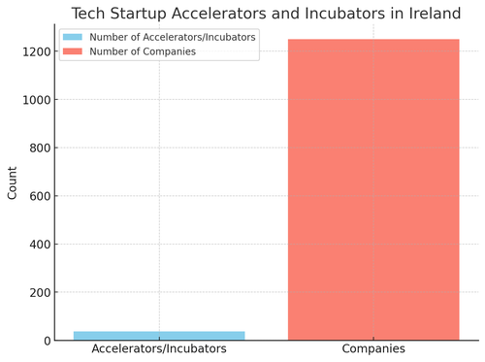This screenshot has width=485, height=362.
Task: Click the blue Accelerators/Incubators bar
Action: pos(159,336)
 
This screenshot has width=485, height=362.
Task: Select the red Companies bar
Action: pos(373,189)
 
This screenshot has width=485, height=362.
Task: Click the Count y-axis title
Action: pos(13,182)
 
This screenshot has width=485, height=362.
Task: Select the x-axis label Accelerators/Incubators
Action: pos(159,349)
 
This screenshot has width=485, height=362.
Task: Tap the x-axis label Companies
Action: pos(373,349)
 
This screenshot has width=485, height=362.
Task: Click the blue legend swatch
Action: pos(72,37)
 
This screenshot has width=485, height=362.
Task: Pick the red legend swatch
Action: pos(72,51)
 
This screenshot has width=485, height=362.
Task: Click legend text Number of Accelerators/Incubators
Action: pos(173,37)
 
